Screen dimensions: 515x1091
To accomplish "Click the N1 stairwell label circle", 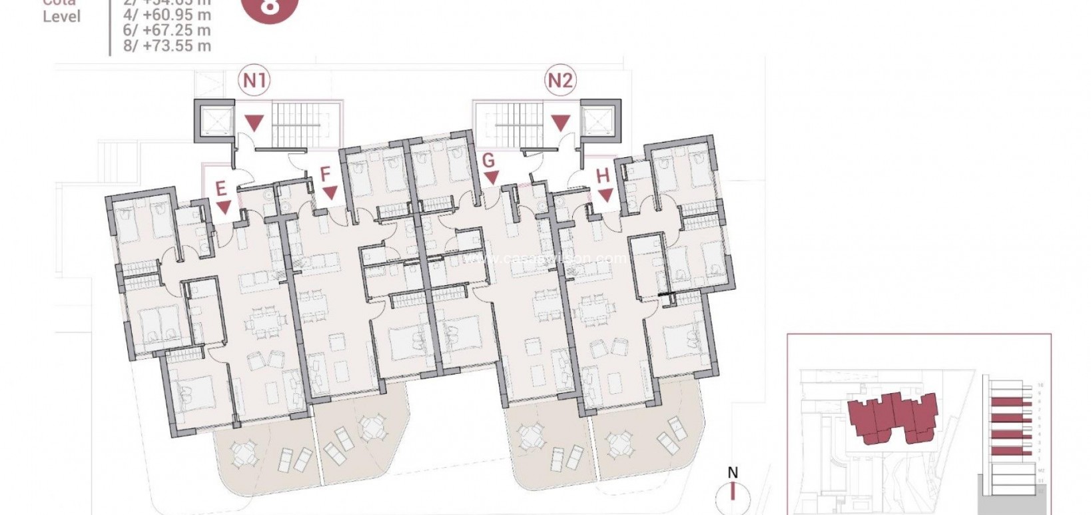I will point(254,81).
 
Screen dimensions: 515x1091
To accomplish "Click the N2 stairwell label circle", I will point(560,81).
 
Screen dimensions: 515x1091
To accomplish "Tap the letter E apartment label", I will point(221,189).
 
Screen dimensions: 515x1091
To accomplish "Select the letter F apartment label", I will point(325,175).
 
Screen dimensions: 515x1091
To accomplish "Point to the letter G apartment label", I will point(488,161).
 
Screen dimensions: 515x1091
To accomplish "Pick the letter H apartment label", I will point(603,176).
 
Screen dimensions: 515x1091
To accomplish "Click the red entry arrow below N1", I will point(254,123).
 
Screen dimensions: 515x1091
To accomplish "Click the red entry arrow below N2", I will point(561,123).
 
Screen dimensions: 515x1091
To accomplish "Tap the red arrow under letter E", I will point(224,207).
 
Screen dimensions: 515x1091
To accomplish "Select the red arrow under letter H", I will point(605,196).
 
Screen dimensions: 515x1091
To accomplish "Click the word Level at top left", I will point(61,17).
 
